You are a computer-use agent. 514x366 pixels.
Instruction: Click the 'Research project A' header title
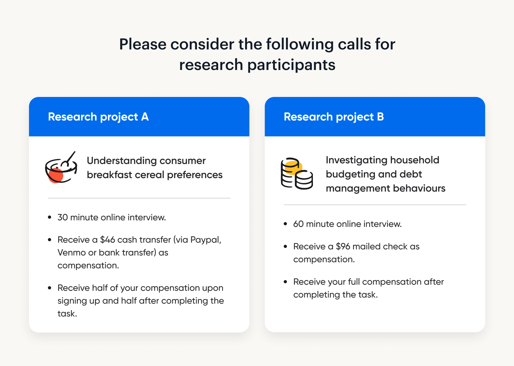[x=98, y=117]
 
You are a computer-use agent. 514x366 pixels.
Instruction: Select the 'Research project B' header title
[x=334, y=117]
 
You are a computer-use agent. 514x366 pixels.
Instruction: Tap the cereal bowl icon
[x=61, y=167]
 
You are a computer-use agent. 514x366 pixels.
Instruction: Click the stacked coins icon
[x=297, y=174]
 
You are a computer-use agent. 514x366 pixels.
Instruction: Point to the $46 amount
[x=107, y=240]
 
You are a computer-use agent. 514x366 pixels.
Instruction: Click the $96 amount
[x=343, y=246]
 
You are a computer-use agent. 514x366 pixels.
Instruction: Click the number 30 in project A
[x=63, y=217]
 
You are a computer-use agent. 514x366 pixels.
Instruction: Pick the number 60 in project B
[x=298, y=224]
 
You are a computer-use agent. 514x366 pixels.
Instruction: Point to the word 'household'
[x=415, y=160]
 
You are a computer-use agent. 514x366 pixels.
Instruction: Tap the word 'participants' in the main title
[x=291, y=65]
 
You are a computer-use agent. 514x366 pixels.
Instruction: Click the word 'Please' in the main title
[x=143, y=44]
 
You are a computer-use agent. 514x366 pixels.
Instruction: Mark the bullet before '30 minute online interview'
[x=49, y=217]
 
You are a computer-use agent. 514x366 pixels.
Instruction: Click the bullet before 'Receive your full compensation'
[x=285, y=282]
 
